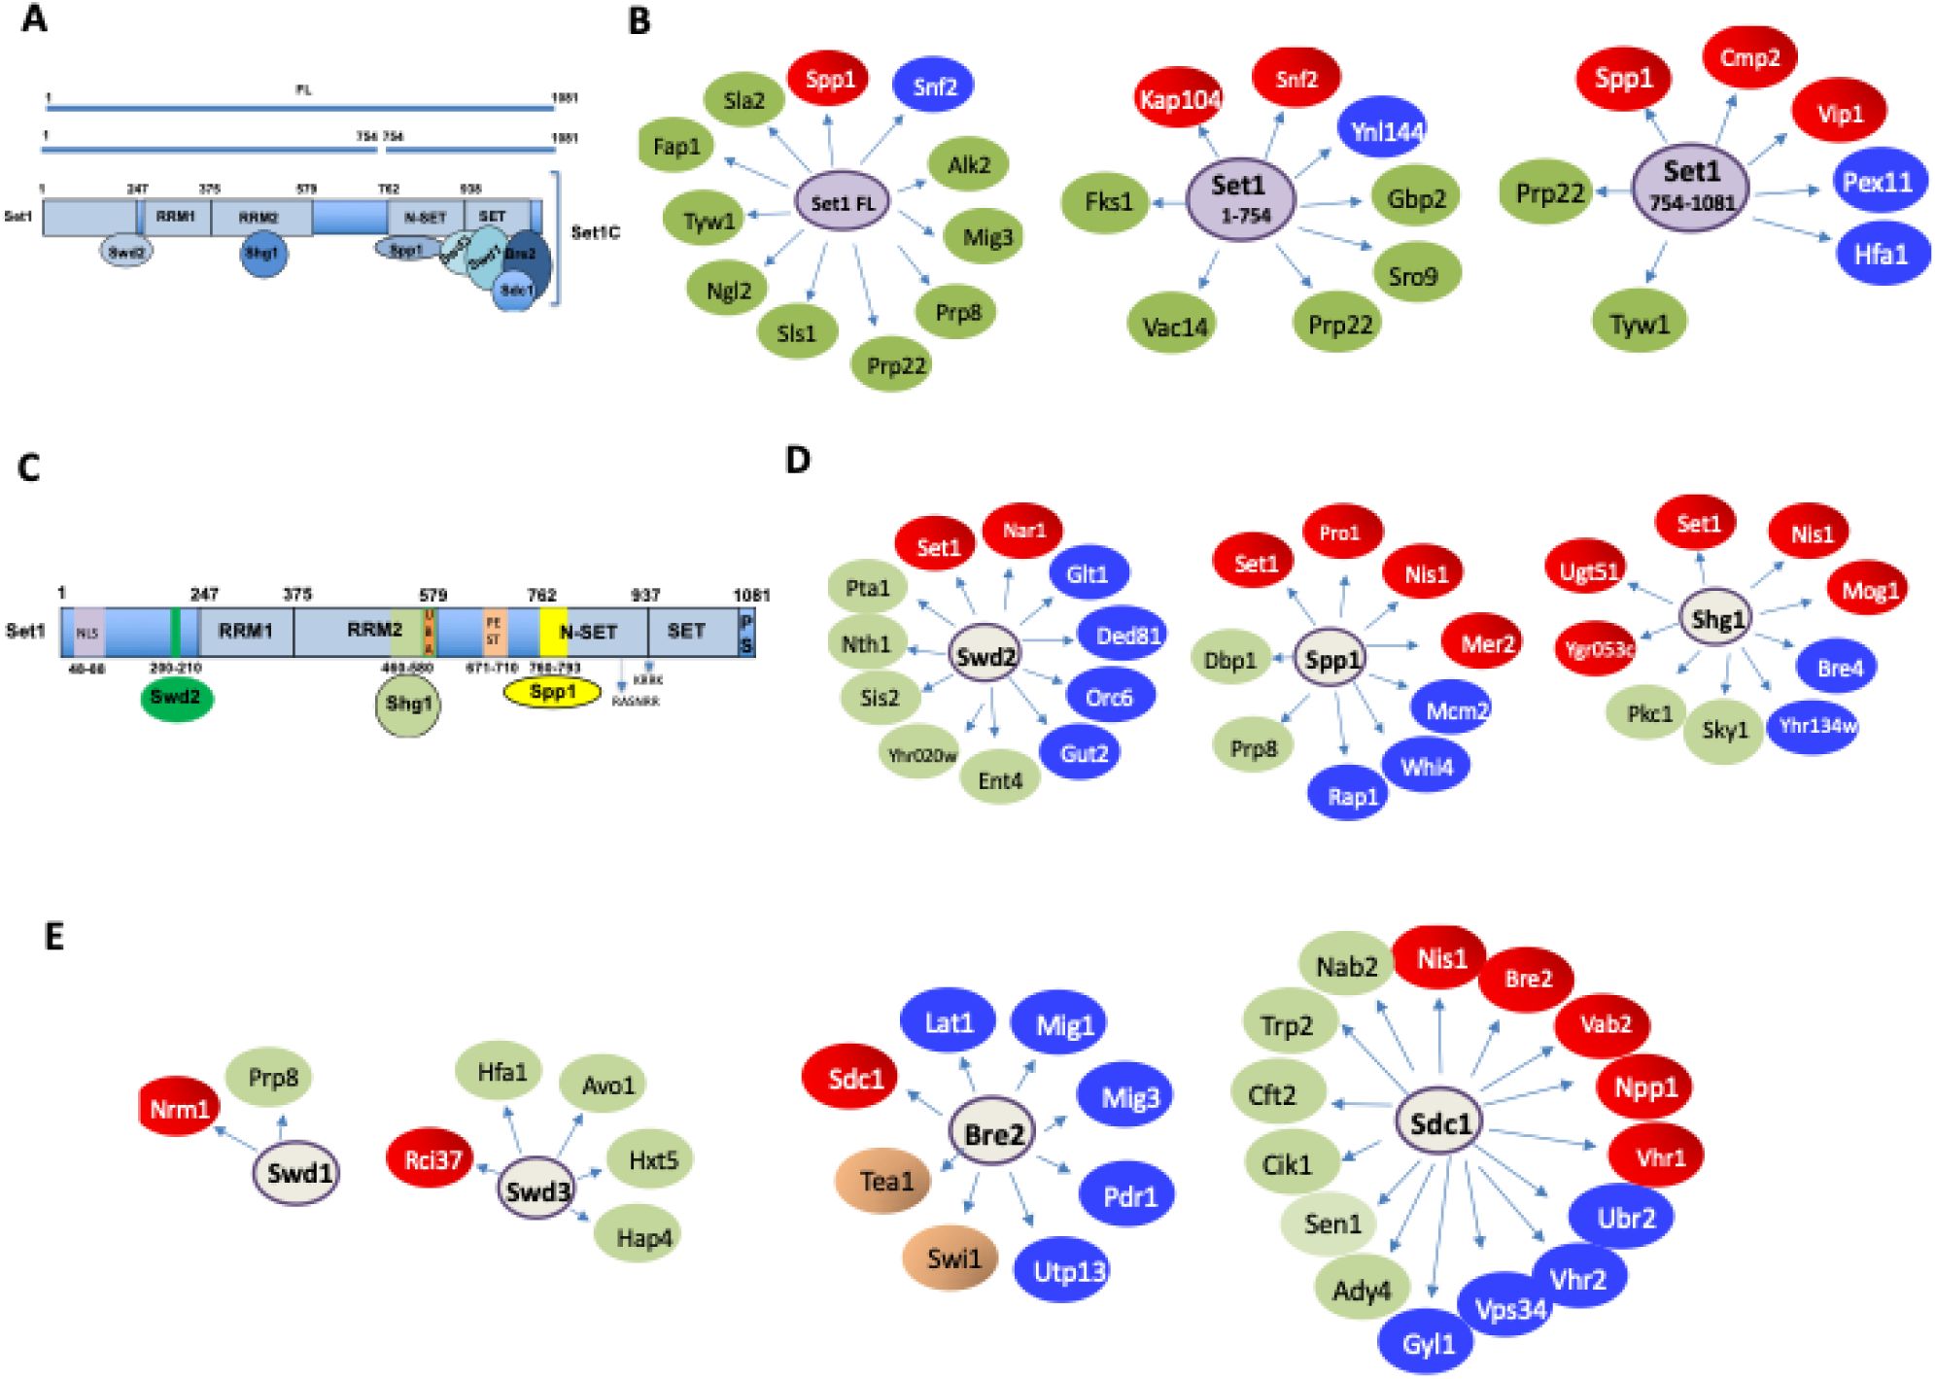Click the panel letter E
coord(54,936)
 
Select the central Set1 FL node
coord(842,202)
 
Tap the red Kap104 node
coord(1179,98)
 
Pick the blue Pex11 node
coord(1877,182)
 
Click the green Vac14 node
coord(1174,327)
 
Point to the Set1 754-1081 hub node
coord(1690,185)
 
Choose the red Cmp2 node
coord(1748,57)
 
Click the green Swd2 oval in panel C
coord(176,698)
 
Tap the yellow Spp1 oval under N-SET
coord(552,692)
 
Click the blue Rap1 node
coord(1351,796)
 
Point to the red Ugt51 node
coord(1588,571)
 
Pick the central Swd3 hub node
coord(536,1189)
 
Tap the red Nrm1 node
coord(179,1108)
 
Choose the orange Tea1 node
coord(884,1181)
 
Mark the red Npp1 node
coord(1644,1086)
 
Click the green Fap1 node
coord(675,147)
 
